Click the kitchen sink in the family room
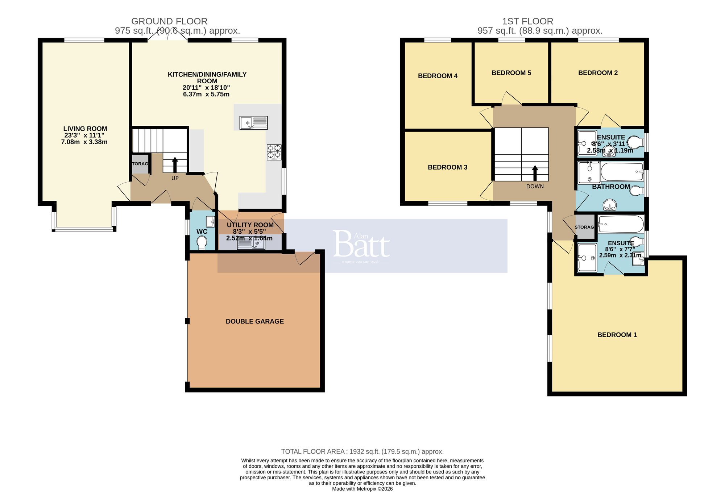click(x=253, y=122)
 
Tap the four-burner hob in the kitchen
click(x=274, y=152)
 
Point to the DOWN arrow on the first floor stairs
click(x=535, y=173)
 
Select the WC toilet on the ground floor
click(x=202, y=242)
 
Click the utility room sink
click(x=251, y=245)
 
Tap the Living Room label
click(x=85, y=129)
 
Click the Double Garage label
click(x=254, y=321)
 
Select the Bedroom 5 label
click(x=511, y=73)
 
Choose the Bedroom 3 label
click(x=447, y=167)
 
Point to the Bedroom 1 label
click(x=617, y=335)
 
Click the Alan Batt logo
click(x=361, y=246)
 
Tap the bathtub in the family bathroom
click(x=622, y=172)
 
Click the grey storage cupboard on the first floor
click(x=584, y=227)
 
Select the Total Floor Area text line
click(x=362, y=451)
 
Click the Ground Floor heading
click(x=169, y=21)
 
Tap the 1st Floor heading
click(x=527, y=21)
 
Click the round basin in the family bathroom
click(x=610, y=205)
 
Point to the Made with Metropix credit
click(x=362, y=489)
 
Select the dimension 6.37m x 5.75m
click(x=206, y=95)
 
